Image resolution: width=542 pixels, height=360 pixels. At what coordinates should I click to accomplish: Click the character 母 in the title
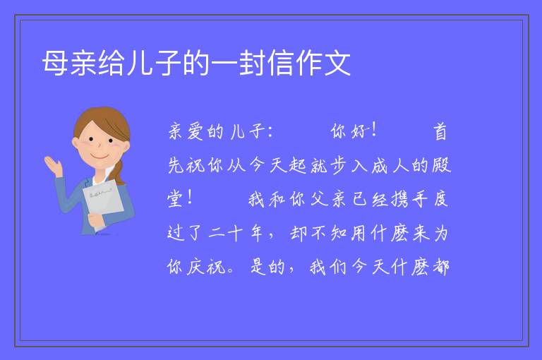point(55,63)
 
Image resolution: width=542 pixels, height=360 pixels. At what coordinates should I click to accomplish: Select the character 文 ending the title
point(337,63)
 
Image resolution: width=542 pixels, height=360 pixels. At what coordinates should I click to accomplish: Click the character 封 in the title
point(253,63)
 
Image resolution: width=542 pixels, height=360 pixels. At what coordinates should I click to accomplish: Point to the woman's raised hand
point(54,165)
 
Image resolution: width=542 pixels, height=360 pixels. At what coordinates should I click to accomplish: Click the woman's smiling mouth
point(100,156)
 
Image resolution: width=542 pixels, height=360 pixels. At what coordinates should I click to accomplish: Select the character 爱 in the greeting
point(195,132)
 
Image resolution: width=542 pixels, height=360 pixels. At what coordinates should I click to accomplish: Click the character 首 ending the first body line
point(440,132)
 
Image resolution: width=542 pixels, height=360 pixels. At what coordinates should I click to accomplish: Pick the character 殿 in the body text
point(441,165)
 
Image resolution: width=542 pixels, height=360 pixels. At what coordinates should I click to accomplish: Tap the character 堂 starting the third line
point(175,199)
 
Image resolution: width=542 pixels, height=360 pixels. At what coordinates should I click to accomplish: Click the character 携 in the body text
point(400,199)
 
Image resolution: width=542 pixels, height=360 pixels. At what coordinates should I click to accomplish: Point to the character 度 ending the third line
point(440,199)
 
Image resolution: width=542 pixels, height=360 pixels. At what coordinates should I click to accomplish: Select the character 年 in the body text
point(256,233)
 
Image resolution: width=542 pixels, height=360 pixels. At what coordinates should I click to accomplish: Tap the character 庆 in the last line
point(195,267)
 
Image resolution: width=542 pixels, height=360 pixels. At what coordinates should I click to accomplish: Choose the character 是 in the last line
point(258,267)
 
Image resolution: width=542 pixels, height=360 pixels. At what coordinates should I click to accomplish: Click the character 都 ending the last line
point(440,267)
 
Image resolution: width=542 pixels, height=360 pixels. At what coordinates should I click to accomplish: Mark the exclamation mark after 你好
point(374,131)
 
